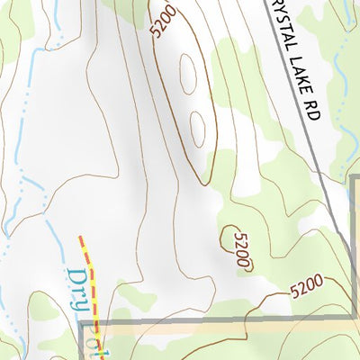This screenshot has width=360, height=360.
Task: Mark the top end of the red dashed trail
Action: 80,238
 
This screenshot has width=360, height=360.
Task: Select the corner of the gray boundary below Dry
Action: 83,322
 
